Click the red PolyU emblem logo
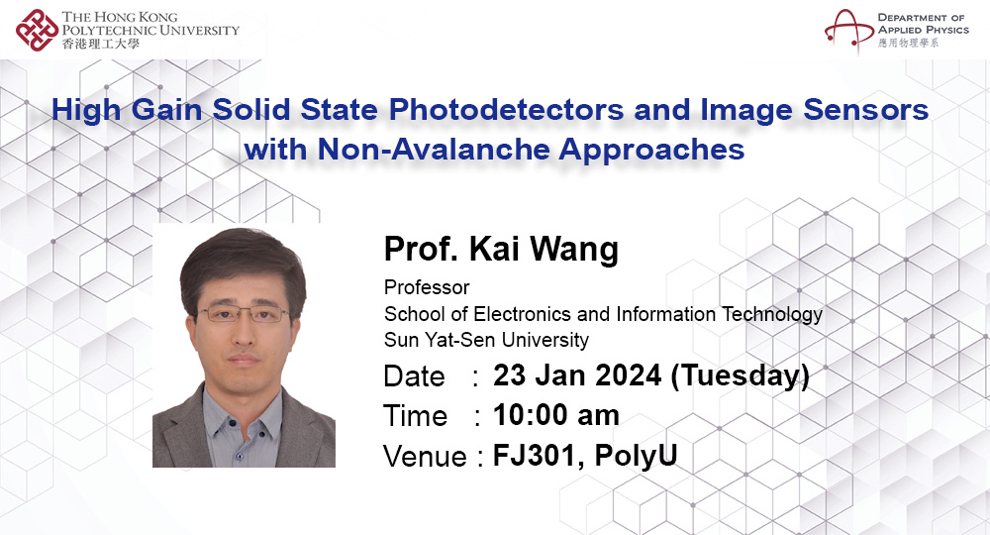point(37,30)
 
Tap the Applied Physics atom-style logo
point(848,29)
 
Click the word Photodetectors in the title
point(506,110)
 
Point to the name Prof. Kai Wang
point(501,249)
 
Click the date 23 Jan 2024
point(577,375)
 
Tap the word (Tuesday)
point(740,376)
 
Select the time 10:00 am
point(555,416)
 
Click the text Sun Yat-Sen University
point(486,340)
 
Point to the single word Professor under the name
point(427,287)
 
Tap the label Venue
point(425,456)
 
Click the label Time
point(415,416)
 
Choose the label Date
point(414,376)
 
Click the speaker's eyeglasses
point(244,313)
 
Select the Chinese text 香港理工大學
point(100,44)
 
